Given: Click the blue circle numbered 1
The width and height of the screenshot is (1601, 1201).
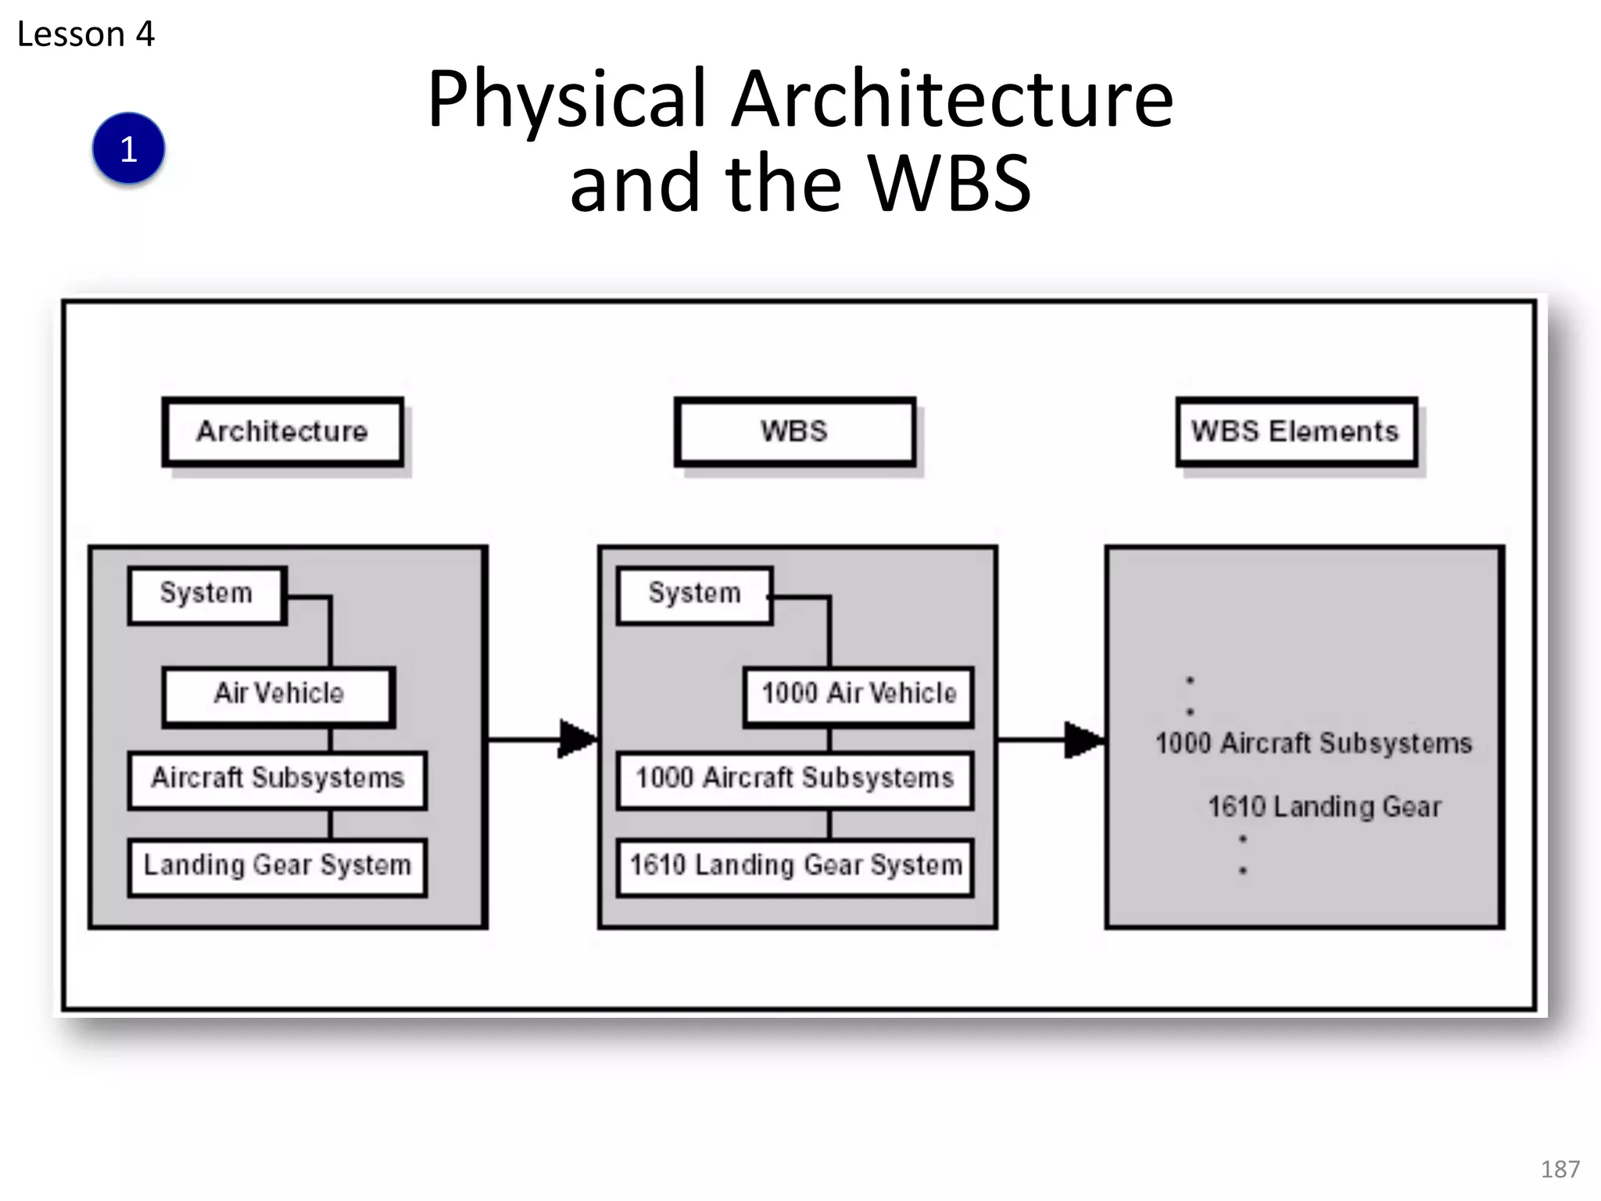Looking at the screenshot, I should pos(128,149).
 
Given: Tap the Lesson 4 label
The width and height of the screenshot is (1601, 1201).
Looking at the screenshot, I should pos(86,34).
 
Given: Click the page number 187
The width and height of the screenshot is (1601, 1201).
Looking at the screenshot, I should pos(1560,1169).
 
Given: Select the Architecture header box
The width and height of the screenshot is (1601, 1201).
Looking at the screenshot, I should pos(282,432).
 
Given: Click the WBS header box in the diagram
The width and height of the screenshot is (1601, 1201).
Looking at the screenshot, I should pos(794,432).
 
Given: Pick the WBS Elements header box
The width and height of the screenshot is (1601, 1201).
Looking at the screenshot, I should pos(1295,432).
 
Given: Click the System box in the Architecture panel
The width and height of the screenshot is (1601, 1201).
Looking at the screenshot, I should pos(206,593).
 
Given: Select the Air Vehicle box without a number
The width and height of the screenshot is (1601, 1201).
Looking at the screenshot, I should pos(278,694).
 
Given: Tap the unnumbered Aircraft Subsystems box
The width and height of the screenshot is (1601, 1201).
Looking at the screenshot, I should pos(278,779).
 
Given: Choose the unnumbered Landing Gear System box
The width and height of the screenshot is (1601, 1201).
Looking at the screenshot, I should pos(278,866).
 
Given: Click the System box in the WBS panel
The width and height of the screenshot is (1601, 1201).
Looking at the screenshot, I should pos(694,593).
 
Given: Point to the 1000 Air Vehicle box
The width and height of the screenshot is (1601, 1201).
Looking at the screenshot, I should pos(858,694).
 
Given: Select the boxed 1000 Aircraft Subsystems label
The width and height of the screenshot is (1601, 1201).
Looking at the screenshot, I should pos(794,779).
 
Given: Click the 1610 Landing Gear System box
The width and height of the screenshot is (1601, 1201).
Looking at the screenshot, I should pos(795,866).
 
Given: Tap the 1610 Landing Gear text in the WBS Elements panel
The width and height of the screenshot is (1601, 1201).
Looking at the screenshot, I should pos(1324,807).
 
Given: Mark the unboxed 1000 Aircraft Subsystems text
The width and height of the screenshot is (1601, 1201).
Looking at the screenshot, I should pos(1313,744).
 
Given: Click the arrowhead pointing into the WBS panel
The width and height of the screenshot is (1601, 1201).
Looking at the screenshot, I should pos(577,739).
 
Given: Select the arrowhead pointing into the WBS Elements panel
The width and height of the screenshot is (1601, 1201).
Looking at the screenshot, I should pos(1083,739).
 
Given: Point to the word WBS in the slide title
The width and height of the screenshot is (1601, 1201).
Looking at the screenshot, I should pos(950,184).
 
